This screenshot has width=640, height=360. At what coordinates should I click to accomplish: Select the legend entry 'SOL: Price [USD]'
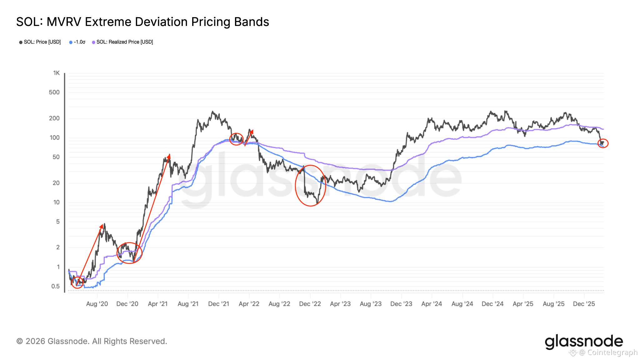[x=42, y=42]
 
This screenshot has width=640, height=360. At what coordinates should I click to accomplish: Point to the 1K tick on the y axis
[x=56, y=73]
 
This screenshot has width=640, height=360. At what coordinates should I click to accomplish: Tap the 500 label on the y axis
[x=54, y=92]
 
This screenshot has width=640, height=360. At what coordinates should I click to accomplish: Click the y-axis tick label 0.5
[x=55, y=286]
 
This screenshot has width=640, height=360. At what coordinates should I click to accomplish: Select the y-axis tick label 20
[x=56, y=183]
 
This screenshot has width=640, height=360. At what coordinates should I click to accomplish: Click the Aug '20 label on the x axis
[x=97, y=304]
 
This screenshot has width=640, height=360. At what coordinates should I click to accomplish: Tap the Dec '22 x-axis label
[x=310, y=304]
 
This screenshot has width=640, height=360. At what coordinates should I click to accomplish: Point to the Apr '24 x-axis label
[x=432, y=304]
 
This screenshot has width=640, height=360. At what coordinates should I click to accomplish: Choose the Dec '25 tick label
[x=584, y=304]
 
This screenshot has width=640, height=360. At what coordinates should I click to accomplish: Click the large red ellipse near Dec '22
[x=311, y=186]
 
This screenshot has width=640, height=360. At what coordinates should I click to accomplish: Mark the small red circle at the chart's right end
[x=603, y=143]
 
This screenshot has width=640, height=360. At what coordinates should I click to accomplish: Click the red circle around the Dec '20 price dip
[x=129, y=253]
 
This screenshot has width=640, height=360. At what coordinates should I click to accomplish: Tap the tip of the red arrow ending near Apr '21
[x=169, y=154]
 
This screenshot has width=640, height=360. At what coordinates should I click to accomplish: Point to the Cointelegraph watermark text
[x=612, y=352]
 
